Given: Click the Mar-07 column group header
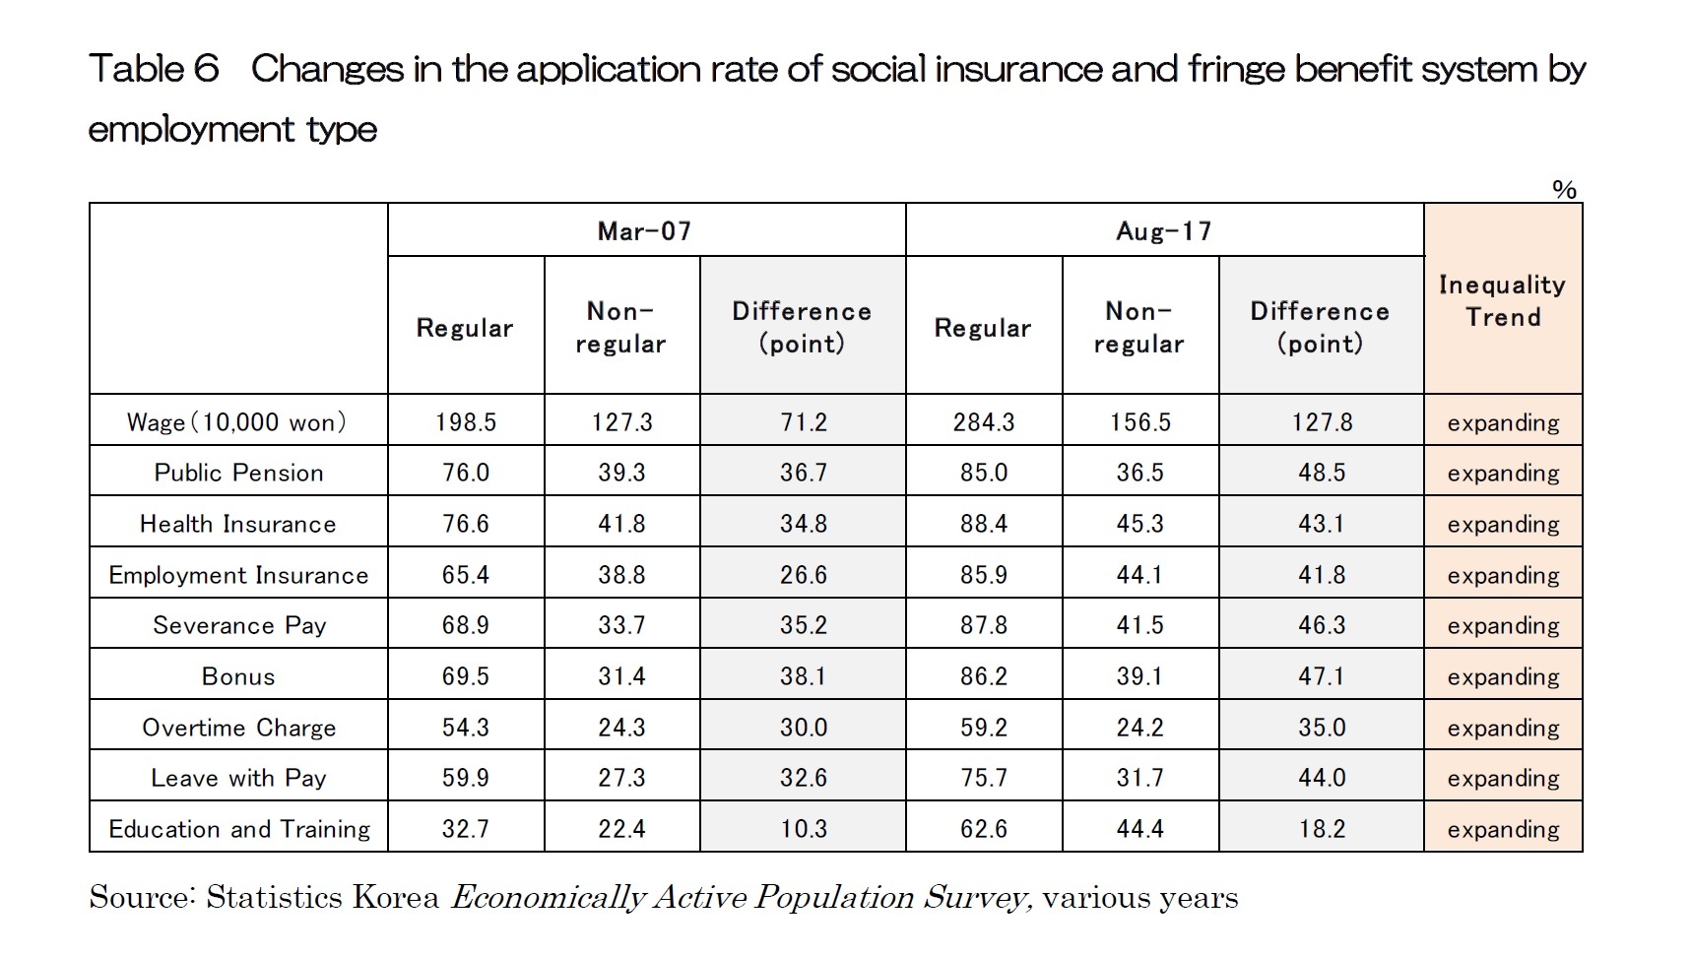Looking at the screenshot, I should point(645,231).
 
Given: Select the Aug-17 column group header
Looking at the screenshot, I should point(1163,231).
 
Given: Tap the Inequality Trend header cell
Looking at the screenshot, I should point(1502,300).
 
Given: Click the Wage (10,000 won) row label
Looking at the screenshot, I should point(237,422).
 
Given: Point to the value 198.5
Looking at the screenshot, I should point(466,422).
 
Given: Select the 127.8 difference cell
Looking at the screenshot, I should point(1321,422).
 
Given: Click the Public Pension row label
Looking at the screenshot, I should point(238,473).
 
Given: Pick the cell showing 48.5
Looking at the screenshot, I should point(1321,473).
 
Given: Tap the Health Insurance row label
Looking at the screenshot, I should point(238,524).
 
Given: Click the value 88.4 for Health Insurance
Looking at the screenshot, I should point(983,524).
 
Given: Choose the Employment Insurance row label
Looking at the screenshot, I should point(238,575).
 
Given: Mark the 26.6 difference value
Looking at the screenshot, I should point(803,575).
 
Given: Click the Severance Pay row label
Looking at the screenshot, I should point(238,625).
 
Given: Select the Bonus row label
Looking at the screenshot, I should point(238,676).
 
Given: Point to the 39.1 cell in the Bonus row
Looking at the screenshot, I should point(1139,676).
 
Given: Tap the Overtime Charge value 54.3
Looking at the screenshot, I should point(466,728).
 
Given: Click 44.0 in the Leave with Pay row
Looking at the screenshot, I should point(1321,778).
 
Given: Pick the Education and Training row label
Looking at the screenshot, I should point(238,829).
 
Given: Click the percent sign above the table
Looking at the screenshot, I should point(1563,190).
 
